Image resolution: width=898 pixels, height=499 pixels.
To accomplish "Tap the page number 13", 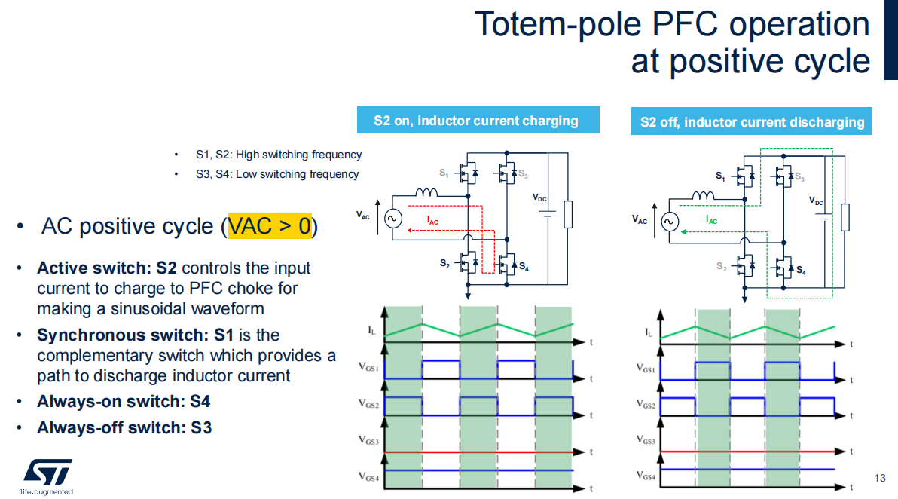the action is (x=880, y=478).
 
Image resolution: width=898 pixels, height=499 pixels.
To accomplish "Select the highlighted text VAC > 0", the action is (x=270, y=225).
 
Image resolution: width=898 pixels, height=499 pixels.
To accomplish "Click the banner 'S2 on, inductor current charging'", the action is (x=478, y=121).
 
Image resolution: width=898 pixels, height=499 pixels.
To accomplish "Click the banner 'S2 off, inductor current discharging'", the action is (x=751, y=121).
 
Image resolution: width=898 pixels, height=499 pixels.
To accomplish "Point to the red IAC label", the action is (x=432, y=221).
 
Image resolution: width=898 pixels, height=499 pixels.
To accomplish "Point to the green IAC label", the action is (x=710, y=219).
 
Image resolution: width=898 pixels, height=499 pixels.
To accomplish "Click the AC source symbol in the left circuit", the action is (x=393, y=219).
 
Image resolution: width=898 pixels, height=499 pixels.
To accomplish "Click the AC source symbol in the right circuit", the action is (x=670, y=222).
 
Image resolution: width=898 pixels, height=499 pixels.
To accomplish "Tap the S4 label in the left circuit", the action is (x=524, y=266).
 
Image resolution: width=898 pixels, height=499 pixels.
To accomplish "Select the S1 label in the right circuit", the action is (x=720, y=176).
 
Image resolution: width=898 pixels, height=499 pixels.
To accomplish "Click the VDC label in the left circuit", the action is (x=539, y=197).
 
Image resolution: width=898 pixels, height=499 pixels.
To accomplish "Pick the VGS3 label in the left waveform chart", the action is (x=369, y=440).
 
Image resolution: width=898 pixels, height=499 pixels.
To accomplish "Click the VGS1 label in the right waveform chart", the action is (x=646, y=369).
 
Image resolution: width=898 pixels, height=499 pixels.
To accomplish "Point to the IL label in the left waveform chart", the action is (x=371, y=330).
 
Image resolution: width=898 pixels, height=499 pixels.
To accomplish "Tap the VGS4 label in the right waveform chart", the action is (x=646, y=476).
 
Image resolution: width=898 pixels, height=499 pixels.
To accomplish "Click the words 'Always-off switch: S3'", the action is (x=124, y=428).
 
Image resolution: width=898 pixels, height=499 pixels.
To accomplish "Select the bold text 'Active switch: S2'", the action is (x=106, y=268).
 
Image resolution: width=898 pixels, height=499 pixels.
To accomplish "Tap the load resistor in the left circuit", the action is (x=568, y=214).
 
